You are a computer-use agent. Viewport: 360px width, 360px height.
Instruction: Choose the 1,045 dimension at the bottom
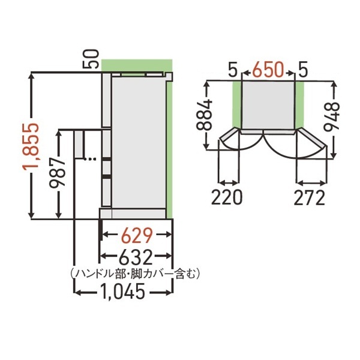122,293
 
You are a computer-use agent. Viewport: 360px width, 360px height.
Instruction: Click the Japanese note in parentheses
135,274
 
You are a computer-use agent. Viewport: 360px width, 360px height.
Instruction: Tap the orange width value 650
268,70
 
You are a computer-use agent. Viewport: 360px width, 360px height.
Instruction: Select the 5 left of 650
232,70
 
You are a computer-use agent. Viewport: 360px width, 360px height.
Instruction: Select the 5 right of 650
303,70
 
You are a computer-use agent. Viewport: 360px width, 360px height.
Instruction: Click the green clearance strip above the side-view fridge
137,65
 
